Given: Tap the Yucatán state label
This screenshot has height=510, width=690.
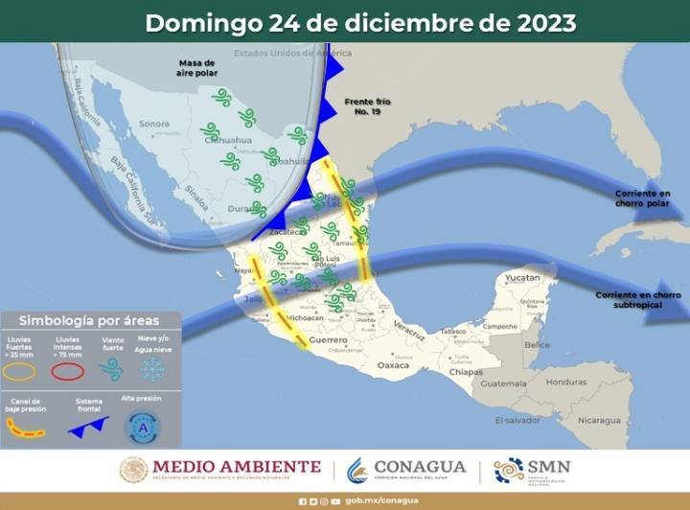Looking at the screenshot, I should tap(523, 277).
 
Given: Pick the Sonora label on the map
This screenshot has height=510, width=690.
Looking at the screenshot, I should tap(154, 124).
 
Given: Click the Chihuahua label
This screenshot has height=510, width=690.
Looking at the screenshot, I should tap(227, 141).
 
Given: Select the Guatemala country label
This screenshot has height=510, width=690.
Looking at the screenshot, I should tap(504, 383).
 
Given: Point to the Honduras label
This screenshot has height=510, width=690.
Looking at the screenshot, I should tap(566, 381).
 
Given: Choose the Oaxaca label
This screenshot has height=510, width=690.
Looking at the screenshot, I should tap(394, 365).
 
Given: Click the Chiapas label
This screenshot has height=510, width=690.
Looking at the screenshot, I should tap(466, 371).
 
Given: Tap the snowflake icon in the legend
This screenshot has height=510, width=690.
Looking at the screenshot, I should tap(151, 369).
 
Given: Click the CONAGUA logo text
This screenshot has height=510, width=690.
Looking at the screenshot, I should tap(420, 467).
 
